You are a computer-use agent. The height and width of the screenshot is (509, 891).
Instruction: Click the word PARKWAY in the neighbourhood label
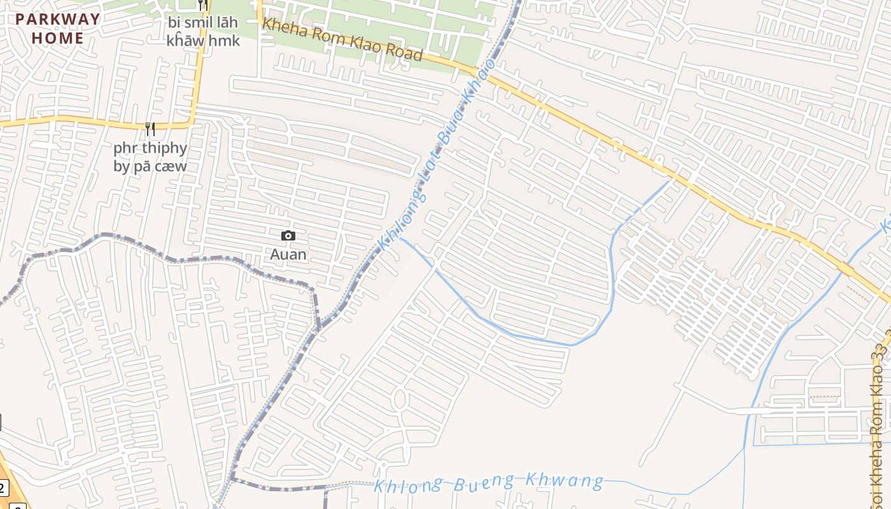pyautogui.click(x=58, y=19)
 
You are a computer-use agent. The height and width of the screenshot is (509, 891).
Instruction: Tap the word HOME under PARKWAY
pyautogui.click(x=58, y=38)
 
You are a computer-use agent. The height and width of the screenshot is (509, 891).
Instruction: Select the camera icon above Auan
pyautogui.click(x=288, y=236)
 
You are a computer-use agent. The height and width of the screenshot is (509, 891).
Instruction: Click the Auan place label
pyautogui.click(x=288, y=254)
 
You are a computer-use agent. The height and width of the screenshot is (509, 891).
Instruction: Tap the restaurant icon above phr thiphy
pyautogui.click(x=150, y=130)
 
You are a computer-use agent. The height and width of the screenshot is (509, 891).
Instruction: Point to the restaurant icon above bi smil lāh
pyautogui.click(x=203, y=5)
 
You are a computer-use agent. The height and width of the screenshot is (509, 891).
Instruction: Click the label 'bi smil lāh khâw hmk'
pyautogui.click(x=203, y=32)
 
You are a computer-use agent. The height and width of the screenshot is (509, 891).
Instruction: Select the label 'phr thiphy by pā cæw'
pyautogui.click(x=150, y=157)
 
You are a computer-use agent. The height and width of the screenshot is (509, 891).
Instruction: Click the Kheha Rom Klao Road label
pyautogui.click(x=343, y=40)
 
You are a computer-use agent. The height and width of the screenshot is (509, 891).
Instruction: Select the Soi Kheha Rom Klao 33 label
pyautogui.click(x=881, y=407)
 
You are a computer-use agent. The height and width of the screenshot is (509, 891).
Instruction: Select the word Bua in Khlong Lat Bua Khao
pyautogui.click(x=455, y=127)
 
